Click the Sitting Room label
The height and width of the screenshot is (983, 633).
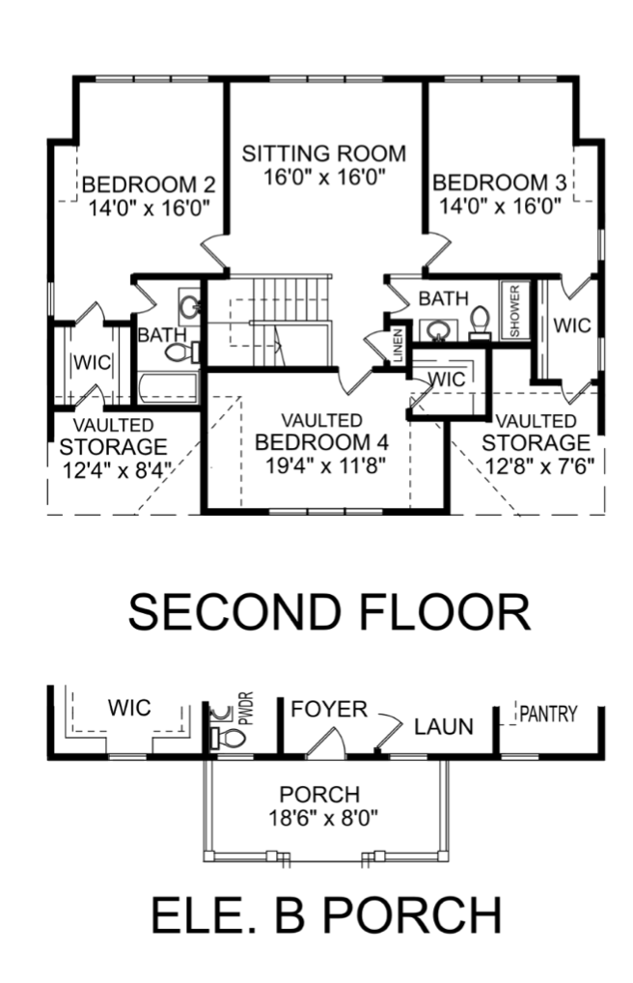pos(323,154)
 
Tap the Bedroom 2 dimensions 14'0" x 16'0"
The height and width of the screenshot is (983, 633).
pos(148,208)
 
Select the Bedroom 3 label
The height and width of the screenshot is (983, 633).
pos(499,183)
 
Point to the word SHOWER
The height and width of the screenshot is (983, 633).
pos(514,311)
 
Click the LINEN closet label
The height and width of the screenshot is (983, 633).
pos(398,346)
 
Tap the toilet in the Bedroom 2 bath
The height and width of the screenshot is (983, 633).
pos(181,351)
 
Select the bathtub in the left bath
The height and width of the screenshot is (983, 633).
pos(167,388)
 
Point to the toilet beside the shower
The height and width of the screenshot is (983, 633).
pos(481,323)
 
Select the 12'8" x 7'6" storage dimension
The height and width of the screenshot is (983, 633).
pos(539,465)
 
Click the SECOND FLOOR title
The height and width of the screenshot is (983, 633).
pos(330,612)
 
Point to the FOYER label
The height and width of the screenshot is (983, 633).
pos(329,709)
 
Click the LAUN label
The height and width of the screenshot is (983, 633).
pos(444,726)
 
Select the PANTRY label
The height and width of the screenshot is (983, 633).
pos(549,714)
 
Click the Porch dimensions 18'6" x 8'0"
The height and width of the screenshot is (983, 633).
pos(323,818)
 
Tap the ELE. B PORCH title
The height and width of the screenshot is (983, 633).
pos(326,914)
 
